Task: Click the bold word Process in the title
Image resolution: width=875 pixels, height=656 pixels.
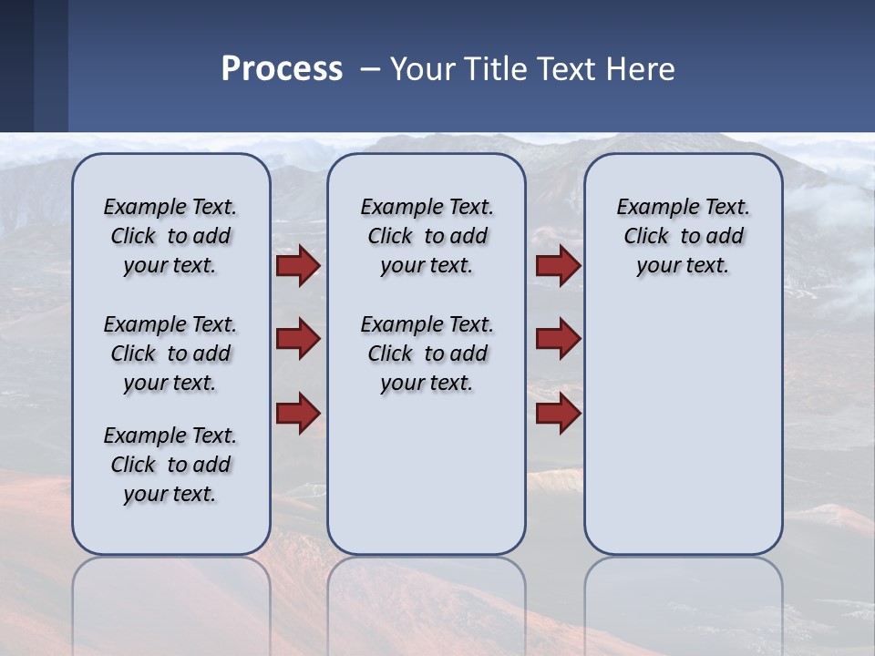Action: pos(282,69)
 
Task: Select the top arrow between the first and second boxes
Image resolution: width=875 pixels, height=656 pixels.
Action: pos(298,266)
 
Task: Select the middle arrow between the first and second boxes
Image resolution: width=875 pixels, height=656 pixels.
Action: pos(298,339)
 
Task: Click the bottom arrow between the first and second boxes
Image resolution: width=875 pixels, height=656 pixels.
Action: pos(298,412)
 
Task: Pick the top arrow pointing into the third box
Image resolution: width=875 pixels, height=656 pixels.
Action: pos(558,266)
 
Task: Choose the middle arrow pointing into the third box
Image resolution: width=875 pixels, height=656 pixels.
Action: pos(558,339)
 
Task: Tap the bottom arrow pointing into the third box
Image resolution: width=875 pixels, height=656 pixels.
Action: pos(558,413)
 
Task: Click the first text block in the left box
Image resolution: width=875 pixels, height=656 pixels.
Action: pos(170,236)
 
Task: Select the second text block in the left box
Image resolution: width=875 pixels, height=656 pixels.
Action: pos(170,354)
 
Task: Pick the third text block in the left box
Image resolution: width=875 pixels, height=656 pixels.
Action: pos(170,465)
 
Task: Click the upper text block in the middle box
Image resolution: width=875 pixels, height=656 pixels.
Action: pos(427,236)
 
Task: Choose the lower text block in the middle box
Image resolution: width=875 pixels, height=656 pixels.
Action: pos(427,354)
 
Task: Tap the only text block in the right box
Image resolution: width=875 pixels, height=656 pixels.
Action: pos(683,236)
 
